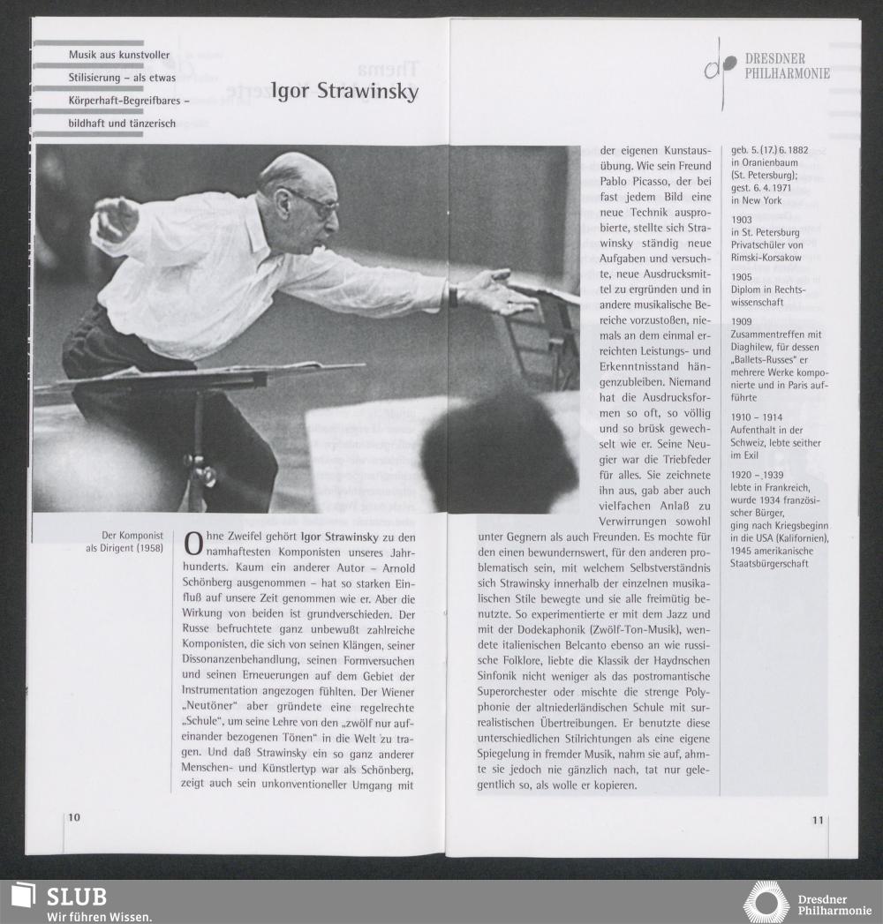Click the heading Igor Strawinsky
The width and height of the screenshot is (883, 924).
[x=344, y=92]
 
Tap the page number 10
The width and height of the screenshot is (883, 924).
[x=74, y=817]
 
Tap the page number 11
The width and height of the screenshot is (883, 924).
[x=818, y=820]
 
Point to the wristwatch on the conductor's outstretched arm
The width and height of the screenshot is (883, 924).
[x=453, y=296]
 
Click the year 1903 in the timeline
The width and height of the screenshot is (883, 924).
[x=742, y=220]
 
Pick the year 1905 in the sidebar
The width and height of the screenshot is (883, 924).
[x=742, y=276]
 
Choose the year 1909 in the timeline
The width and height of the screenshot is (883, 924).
[x=742, y=321]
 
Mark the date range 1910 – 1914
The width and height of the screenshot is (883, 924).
[x=757, y=416]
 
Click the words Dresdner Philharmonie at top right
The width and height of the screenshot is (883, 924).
[x=787, y=66]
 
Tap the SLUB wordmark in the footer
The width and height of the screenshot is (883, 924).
[x=76, y=897]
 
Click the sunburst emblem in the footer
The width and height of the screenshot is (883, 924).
[x=766, y=902]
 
